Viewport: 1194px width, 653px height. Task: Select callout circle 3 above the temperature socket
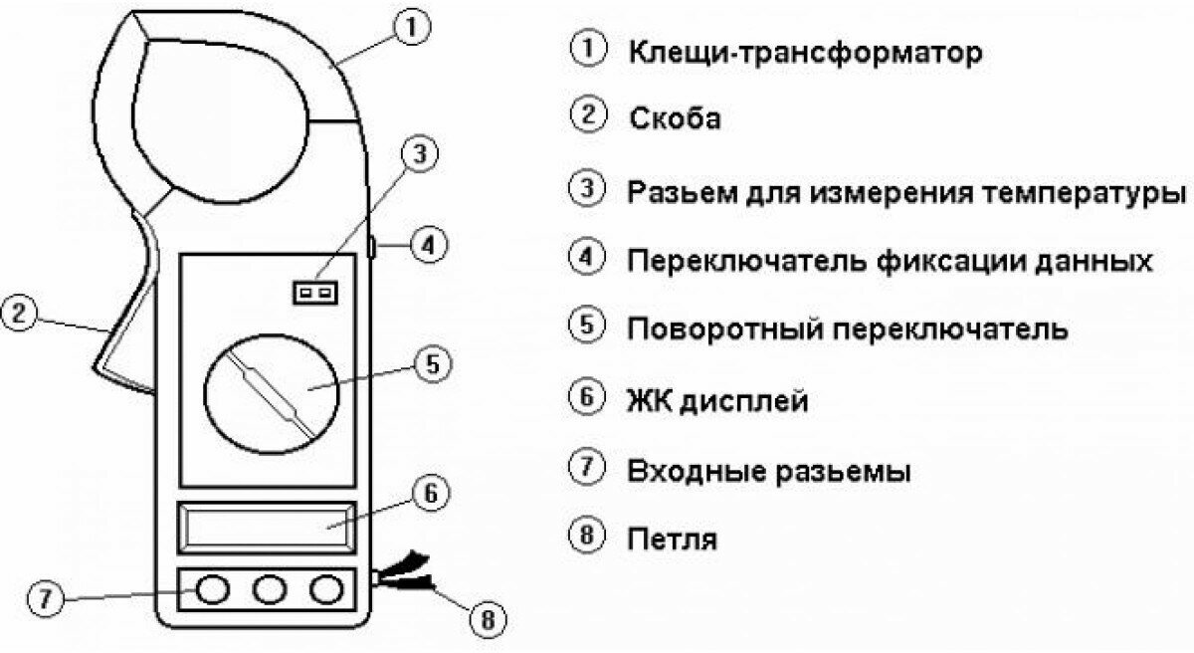click(419, 155)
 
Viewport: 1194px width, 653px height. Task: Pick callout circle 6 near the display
click(429, 493)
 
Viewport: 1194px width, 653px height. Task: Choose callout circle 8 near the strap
click(485, 620)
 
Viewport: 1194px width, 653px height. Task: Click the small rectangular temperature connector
click(316, 292)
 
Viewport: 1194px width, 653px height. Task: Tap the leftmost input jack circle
click(211, 590)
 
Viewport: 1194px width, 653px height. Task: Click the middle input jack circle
click(268, 590)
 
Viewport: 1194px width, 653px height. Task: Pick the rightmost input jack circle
click(324, 590)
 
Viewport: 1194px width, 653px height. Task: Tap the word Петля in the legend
click(672, 541)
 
